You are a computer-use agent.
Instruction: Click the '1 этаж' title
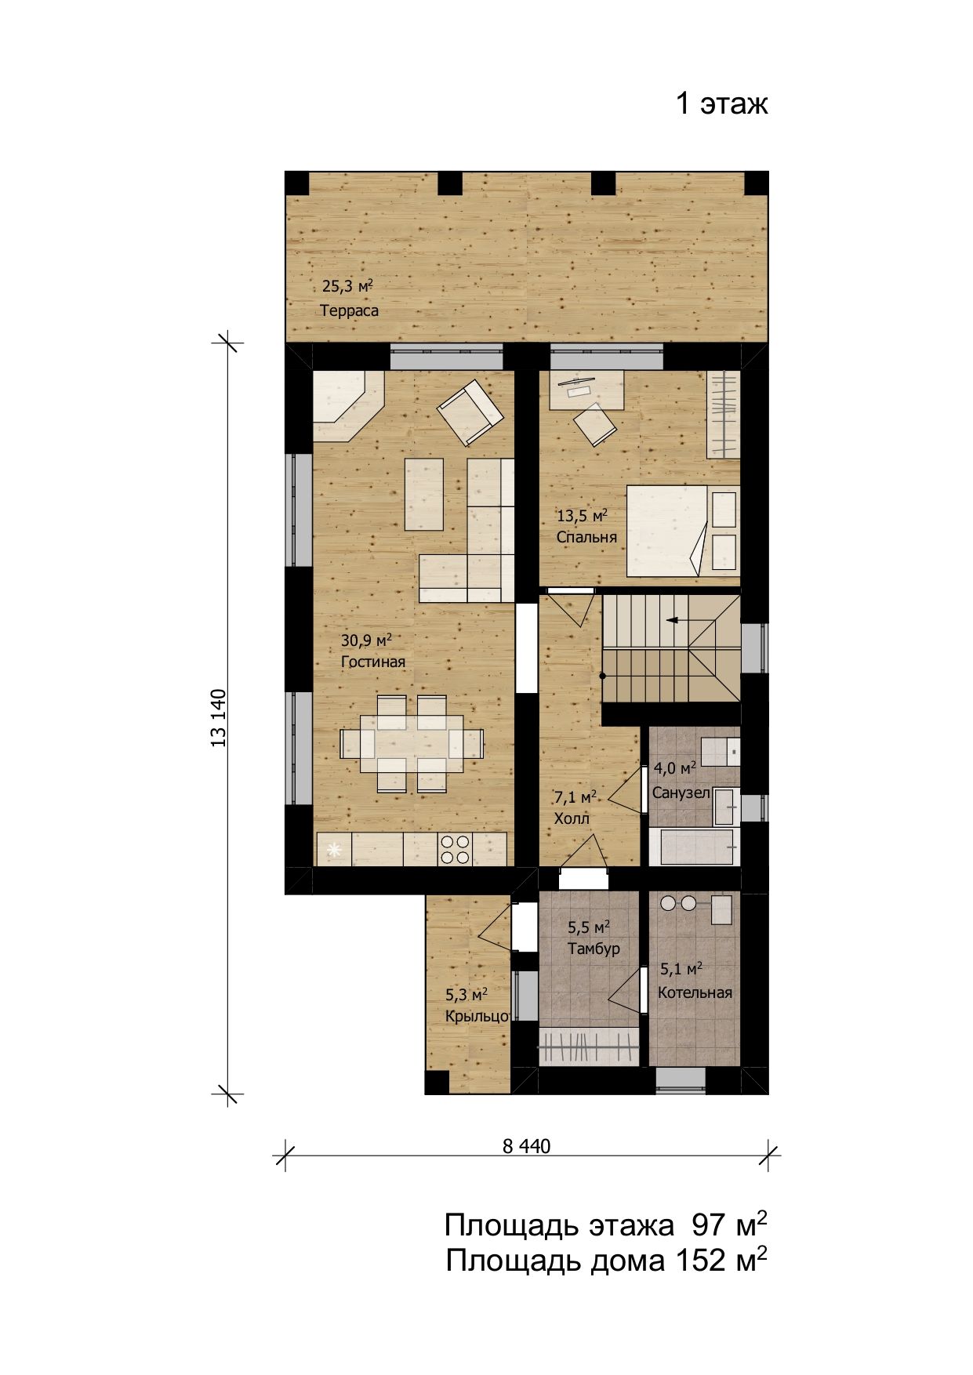[722, 103]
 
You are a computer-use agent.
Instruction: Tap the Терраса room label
[349, 310]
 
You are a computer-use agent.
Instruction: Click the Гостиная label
[373, 662]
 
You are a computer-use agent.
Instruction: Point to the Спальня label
[586, 538]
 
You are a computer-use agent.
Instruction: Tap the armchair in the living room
[470, 412]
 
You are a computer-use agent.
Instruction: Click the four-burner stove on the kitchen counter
[455, 849]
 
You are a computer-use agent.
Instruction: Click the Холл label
[572, 818]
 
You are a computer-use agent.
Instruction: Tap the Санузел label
[681, 793]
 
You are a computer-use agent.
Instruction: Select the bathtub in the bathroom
[694, 847]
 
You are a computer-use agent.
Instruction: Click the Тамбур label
[594, 949]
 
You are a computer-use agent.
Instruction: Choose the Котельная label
[695, 993]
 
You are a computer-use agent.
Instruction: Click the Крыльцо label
[477, 1017]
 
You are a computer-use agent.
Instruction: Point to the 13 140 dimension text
[218, 718]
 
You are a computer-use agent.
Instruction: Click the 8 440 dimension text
[526, 1146]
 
